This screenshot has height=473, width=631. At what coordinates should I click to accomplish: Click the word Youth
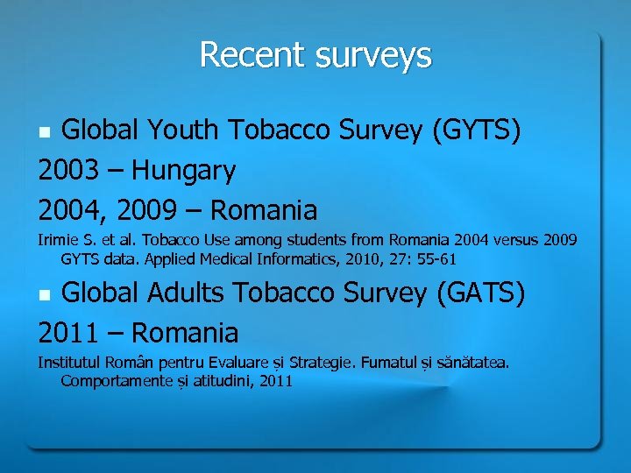[x=180, y=131]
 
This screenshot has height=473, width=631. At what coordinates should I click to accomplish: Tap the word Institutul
[x=68, y=362]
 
